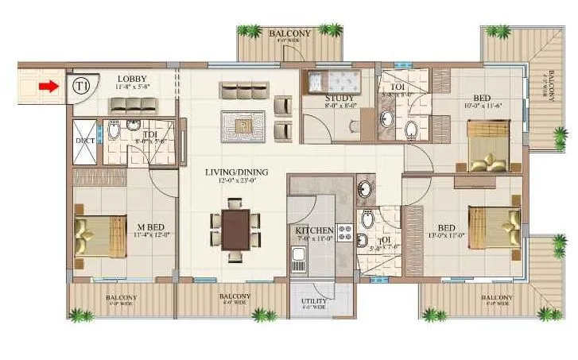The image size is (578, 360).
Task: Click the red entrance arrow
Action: click(48, 86)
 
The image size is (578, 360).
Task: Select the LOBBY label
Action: click(130, 79)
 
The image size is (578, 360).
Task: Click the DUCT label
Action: click(84, 141)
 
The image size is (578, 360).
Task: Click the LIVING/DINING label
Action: click(236, 172)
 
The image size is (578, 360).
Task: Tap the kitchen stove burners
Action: click(345, 233)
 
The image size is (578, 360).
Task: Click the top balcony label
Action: click(289, 33)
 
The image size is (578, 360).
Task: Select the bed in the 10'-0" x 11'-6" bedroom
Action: click(488, 145)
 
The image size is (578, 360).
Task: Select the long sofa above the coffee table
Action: click(239, 89)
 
